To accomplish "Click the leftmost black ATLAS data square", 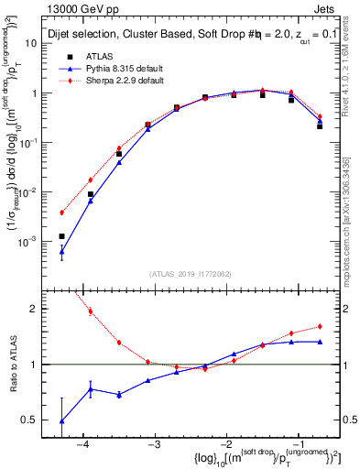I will click(62, 236).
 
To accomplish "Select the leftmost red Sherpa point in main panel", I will click(62, 213).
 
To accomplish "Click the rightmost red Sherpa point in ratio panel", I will click(320, 326).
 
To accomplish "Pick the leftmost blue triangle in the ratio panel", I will click(62, 420).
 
